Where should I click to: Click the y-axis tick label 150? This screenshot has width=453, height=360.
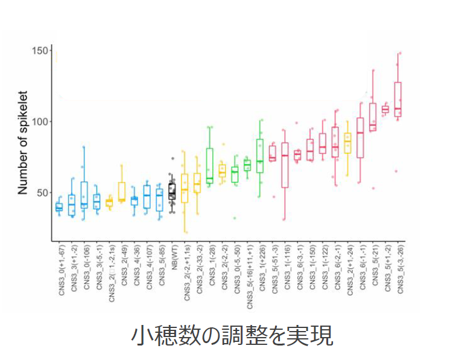tap(40, 51)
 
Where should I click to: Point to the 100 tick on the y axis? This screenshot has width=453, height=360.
tap(40, 122)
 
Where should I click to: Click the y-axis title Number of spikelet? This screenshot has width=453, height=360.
tap(23, 148)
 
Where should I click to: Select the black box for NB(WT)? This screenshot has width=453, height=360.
tap(172, 191)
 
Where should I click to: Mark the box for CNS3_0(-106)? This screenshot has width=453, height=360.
tap(84, 194)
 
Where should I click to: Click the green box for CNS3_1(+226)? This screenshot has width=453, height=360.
tap(260, 156)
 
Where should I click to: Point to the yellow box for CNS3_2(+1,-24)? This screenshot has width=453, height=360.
tap(347, 143)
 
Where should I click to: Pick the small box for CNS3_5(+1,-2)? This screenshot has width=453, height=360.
tap(385, 109)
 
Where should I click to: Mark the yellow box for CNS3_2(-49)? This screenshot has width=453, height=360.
tap(122, 191)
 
